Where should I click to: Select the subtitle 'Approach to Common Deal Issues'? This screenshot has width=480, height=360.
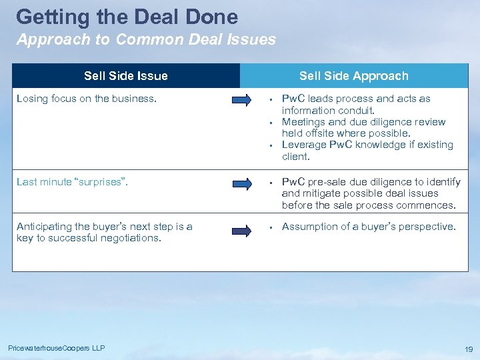[146, 39]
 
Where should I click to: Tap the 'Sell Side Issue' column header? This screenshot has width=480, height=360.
[126, 76]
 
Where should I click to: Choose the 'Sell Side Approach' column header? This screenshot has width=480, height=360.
[353, 76]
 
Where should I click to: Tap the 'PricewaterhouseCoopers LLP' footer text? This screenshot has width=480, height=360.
[57, 348]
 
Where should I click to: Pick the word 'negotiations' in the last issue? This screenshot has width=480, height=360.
[131, 238]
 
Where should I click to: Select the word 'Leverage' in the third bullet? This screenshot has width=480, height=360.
[304, 145]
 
